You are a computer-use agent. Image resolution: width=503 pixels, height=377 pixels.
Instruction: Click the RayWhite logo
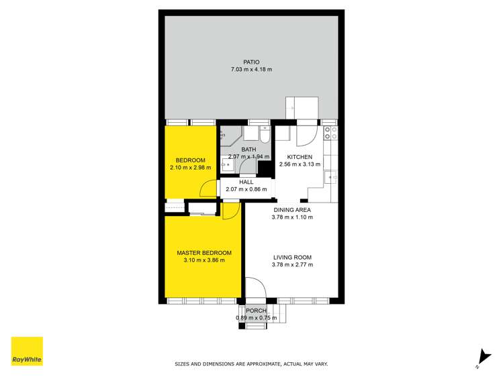click(27, 352)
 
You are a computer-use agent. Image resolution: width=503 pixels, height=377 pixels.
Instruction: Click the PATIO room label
click(252, 62)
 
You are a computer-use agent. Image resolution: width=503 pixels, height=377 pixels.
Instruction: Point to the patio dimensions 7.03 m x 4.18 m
click(252, 70)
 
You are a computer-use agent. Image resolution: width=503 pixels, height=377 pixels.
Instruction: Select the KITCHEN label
click(300, 157)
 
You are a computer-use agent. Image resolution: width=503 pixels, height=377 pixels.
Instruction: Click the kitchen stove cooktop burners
click(329, 134)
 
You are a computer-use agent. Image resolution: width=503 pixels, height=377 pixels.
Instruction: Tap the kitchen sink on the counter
click(328, 177)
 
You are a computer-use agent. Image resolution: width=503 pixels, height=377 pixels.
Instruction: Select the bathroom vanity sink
click(228, 163)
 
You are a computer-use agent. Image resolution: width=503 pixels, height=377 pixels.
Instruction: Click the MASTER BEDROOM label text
click(203, 253)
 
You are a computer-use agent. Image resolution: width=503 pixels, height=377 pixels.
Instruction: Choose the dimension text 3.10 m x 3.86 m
click(203, 260)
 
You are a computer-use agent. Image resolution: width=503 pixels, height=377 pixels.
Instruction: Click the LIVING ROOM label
click(292, 257)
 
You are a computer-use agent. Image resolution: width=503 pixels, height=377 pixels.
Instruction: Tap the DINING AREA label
click(292, 209)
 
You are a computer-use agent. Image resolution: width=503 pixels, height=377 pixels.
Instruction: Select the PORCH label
click(256, 311)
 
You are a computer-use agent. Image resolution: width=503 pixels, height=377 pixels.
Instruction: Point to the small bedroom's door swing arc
click(210, 189)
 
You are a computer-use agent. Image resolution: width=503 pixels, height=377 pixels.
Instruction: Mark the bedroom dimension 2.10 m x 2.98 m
click(190, 168)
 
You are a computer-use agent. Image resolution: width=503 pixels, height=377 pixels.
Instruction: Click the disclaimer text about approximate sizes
click(251, 364)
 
